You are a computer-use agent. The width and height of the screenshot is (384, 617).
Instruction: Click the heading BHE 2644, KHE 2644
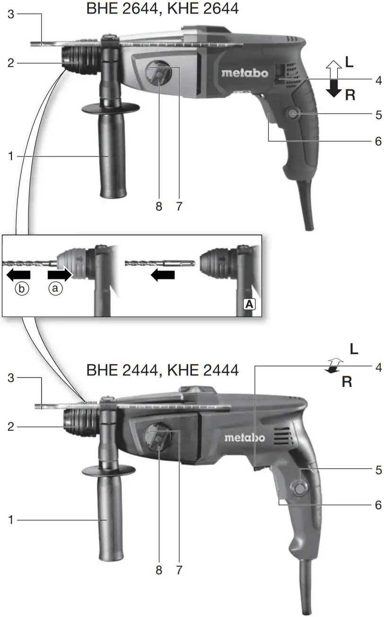tap(162, 9)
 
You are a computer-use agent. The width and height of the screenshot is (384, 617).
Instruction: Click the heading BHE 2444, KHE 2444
tap(162, 369)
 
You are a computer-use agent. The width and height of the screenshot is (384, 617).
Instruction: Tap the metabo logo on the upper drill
tap(245, 73)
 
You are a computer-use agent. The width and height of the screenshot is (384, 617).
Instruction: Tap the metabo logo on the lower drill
tap(244, 437)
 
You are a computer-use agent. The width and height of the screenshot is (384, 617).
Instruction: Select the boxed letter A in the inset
tap(249, 305)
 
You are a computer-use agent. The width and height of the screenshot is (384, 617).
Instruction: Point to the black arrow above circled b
tap(18, 274)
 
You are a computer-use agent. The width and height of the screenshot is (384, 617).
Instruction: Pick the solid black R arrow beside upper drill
tap(334, 88)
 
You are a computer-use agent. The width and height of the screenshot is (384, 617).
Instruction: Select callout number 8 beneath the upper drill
tap(158, 206)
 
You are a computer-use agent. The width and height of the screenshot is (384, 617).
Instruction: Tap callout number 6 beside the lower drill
tap(378, 505)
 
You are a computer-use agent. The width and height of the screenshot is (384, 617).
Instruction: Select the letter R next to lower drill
tap(347, 382)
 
